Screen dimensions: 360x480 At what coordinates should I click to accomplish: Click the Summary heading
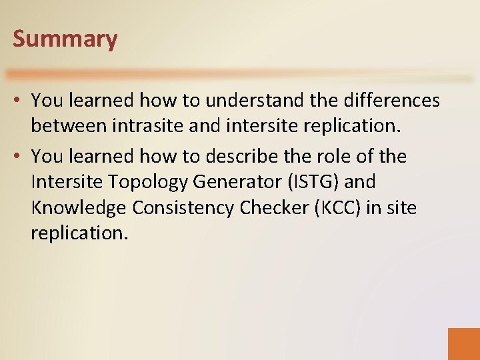coord(65,39)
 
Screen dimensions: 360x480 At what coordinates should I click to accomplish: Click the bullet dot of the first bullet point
coord(20,101)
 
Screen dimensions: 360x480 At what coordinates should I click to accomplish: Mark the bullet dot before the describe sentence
coord(20,157)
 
